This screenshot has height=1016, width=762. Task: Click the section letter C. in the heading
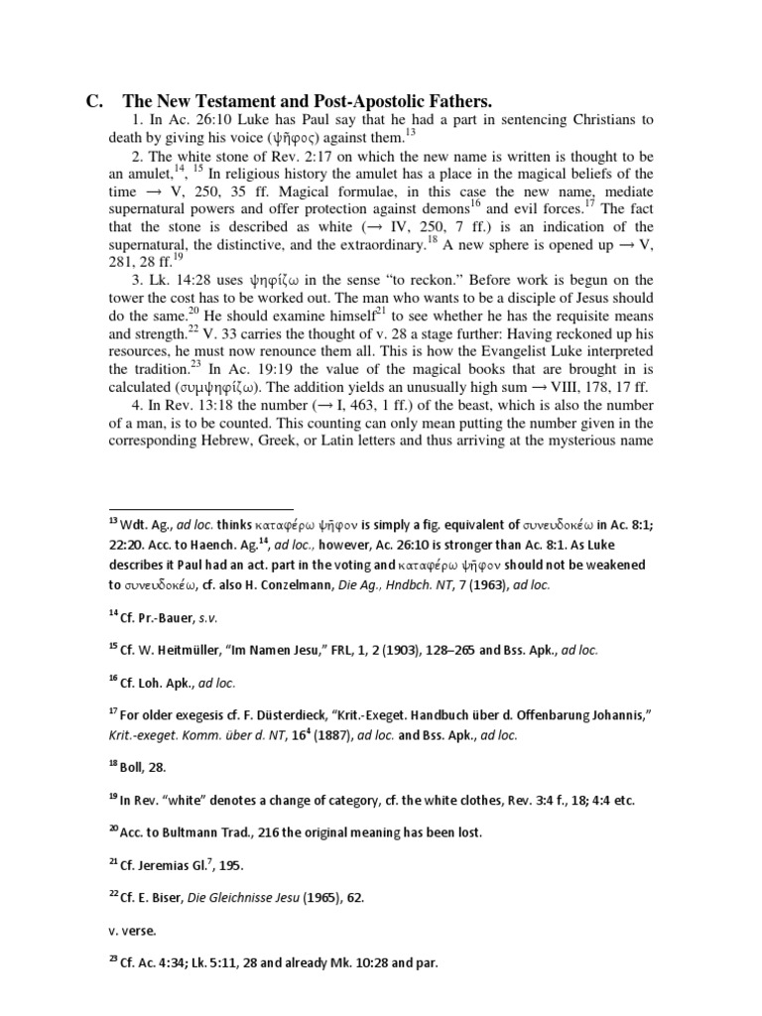[x=95, y=101]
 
